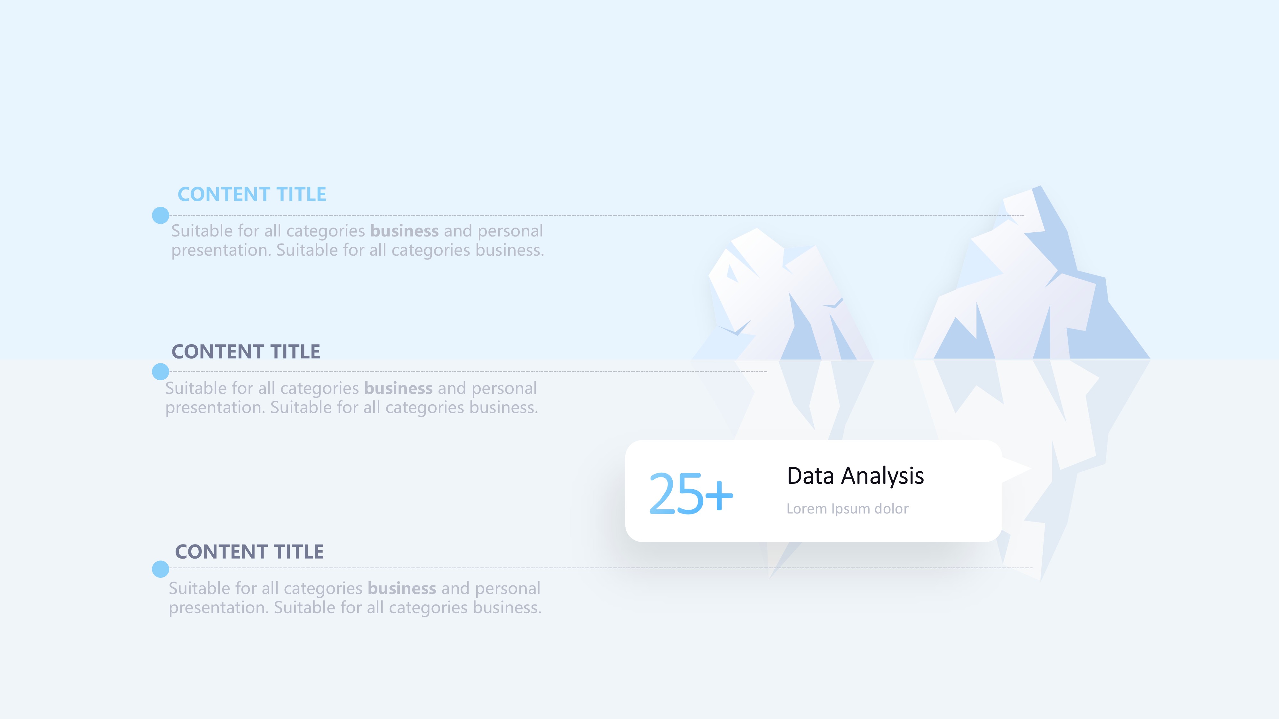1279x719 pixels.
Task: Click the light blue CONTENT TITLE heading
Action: click(x=252, y=194)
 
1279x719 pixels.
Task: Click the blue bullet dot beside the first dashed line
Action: click(x=160, y=215)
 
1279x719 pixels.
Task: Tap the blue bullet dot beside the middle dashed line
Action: click(x=160, y=371)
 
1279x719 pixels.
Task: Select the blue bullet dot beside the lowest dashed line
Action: click(x=160, y=569)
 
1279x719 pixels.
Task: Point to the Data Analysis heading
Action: click(x=855, y=476)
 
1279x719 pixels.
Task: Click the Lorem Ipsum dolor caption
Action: click(x=847, y=509)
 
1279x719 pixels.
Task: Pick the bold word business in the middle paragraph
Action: click(x=398, y=388)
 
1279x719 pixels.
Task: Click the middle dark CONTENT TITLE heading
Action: click(x=246, y=351)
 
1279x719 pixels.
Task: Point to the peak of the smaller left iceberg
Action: click(x=757, y=229)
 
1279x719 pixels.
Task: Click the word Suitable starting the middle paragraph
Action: click(x=197, y=388)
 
